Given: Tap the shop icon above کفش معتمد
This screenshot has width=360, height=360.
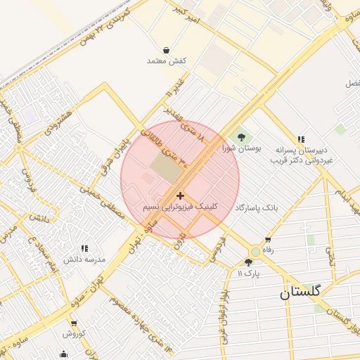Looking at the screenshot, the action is [166, 50].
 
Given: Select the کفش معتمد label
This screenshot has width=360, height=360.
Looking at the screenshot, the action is [166, 61].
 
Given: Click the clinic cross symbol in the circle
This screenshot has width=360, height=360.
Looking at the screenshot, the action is [181, 195].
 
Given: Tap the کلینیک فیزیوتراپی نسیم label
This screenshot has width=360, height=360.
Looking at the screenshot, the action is [181, 207].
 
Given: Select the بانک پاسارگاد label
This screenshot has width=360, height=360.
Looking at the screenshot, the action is [257, 208].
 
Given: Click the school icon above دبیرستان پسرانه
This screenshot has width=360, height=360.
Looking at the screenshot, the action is [302, 139].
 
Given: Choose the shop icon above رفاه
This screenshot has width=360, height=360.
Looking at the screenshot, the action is [267, 240].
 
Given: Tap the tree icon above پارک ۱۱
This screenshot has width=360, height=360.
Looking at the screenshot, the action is [248, 262].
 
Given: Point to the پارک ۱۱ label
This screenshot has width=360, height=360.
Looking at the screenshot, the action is [248, 273].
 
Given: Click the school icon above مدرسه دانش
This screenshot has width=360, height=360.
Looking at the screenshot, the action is [84, 248].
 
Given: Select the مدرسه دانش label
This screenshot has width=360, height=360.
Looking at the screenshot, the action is [84, 259].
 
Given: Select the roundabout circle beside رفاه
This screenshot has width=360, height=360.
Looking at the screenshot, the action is [255, 252].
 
